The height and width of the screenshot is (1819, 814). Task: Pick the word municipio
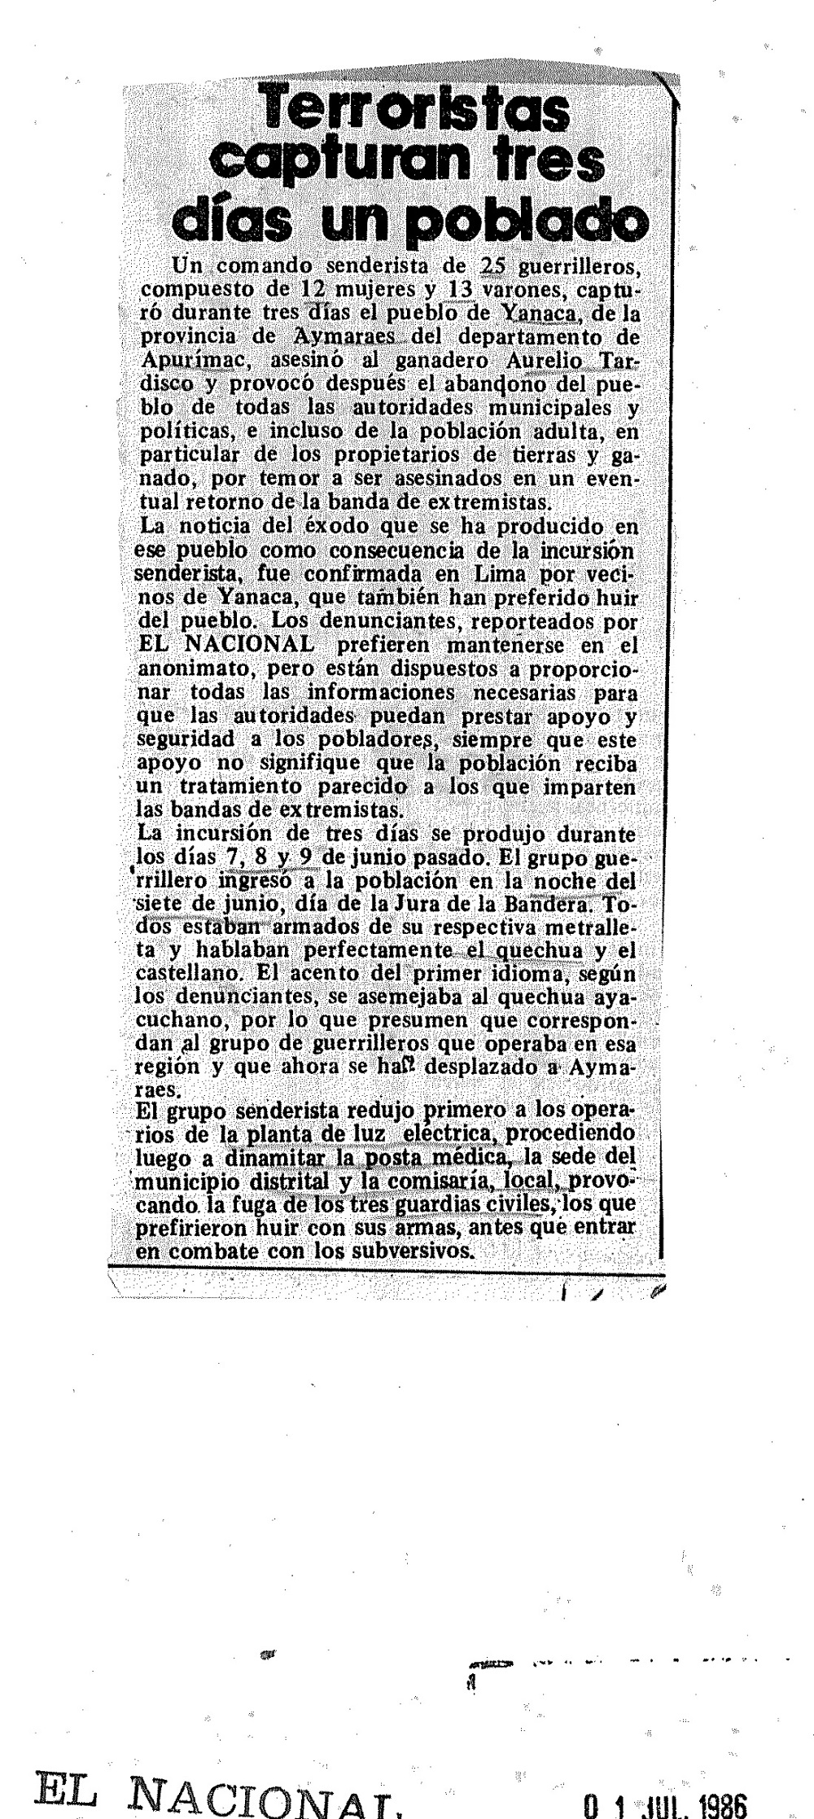point(179,1180)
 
